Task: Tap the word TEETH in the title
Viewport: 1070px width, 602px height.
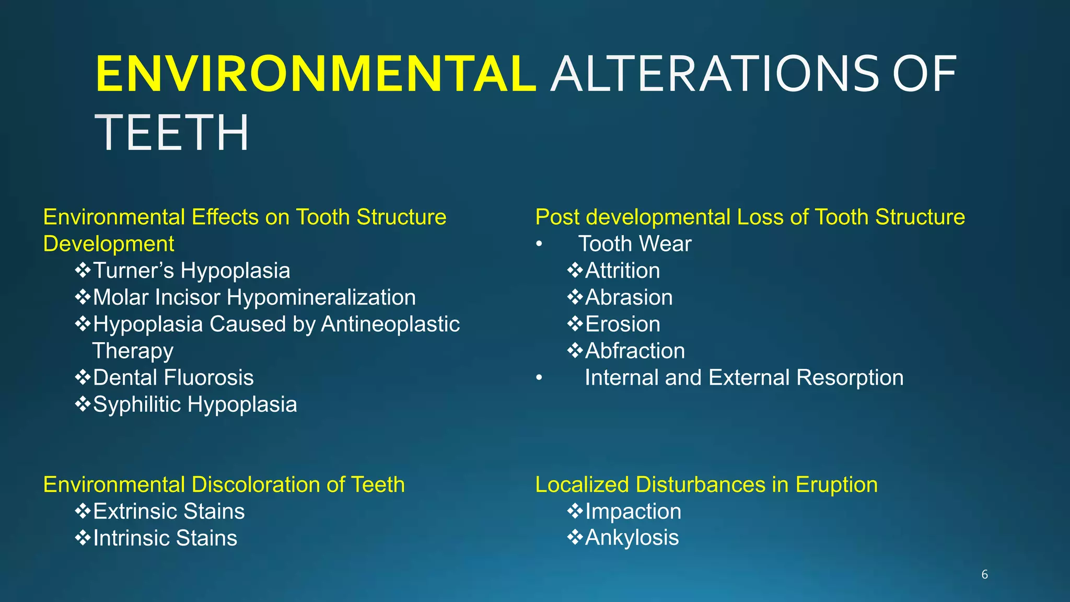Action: coord(172,133)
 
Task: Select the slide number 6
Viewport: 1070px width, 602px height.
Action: coord(984,574)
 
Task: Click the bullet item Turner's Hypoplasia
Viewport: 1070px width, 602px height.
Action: coord(191,271)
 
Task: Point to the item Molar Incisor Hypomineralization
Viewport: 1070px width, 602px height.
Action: coord(254,297)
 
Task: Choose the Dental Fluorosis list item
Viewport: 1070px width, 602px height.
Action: coord(173,377)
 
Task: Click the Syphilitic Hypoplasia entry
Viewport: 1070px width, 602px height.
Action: coord(194,404)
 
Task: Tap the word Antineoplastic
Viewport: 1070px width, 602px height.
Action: coord(390,324)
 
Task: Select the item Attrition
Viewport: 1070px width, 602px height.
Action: coord(622,271)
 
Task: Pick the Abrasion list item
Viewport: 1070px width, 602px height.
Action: coord(629,297)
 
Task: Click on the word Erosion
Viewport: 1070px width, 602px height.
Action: coord(622,324)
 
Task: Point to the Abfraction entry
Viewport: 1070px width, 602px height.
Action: coord(634,351)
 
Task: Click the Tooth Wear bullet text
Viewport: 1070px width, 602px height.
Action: coord(634,244)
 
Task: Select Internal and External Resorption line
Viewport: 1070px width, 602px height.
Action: coord(743,377)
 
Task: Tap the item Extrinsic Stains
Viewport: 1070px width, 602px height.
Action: coord(168,511)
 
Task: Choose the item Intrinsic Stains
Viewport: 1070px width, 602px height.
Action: coord(165,538)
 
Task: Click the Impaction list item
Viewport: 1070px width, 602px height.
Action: coord(633,511)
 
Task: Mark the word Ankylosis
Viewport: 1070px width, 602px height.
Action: coord(631,538)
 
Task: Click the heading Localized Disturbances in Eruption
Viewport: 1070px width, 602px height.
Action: coord(706,484)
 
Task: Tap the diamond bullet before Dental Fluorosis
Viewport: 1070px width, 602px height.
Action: coord(83,377)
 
